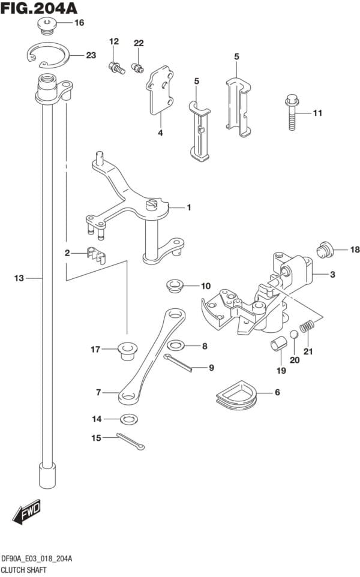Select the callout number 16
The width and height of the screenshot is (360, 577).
click(x=79, y=23)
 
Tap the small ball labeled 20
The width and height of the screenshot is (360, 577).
click(x=294, y=335)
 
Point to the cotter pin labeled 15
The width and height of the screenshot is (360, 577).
click(x=131, y=441)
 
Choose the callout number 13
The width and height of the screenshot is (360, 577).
click(x=19, y=278)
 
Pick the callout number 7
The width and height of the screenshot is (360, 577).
click(x=98, y=393)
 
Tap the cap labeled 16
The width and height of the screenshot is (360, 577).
click(x=46, y=25)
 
